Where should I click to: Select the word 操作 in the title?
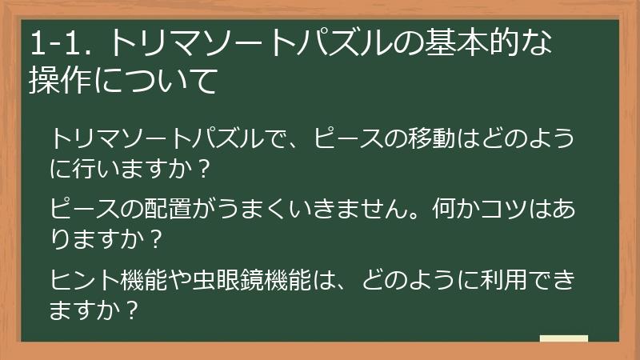pos(61,82)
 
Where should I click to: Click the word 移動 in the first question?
pos(434,138)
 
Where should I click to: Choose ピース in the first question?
pos(349,138)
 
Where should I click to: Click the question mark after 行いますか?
pos(204,169)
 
